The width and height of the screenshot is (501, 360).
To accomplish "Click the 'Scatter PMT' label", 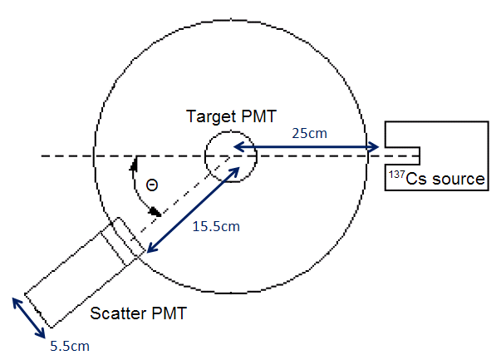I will tap(138, 314).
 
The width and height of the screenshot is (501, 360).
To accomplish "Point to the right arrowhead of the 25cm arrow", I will tap(375, 148).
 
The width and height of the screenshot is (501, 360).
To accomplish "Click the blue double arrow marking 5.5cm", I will tap(29, 316).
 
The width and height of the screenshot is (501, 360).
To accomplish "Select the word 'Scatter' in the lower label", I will tap(116, 314).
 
